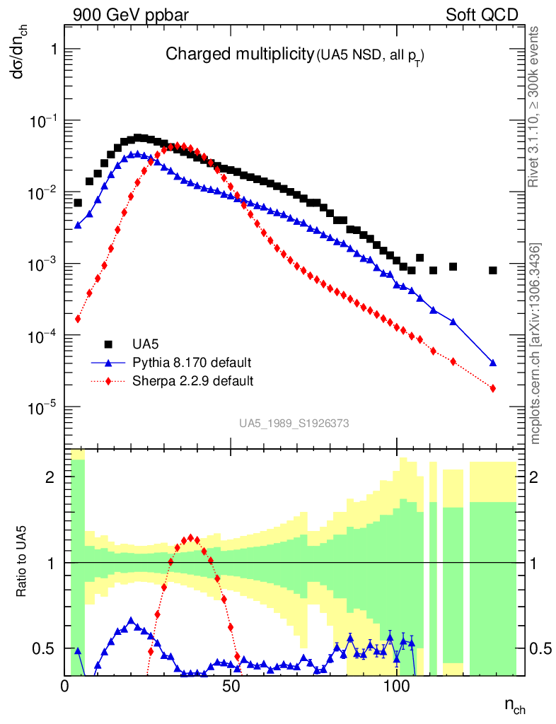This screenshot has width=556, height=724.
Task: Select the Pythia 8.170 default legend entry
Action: coord(192,363)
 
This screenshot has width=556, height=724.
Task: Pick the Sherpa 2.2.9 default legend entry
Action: coord(193,382)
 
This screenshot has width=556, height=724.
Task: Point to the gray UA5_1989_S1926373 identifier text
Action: coord(294,423)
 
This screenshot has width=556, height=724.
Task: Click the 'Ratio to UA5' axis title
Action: coord(22,563)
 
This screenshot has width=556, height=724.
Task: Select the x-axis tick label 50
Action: coord(231,687)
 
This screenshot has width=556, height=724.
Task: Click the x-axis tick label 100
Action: coord(397,687)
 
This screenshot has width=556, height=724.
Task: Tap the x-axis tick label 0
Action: coord(65,687)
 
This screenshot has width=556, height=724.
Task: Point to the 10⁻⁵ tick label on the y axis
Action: coord(42,408)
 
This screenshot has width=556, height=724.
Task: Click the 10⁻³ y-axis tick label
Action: coord(42,264)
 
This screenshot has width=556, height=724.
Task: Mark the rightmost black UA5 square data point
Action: coord(493,270)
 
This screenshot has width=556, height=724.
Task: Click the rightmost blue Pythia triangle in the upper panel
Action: coord(493,363)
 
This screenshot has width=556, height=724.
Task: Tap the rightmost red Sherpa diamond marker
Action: coord(493,388)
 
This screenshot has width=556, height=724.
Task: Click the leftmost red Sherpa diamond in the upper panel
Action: coord(78,320)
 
